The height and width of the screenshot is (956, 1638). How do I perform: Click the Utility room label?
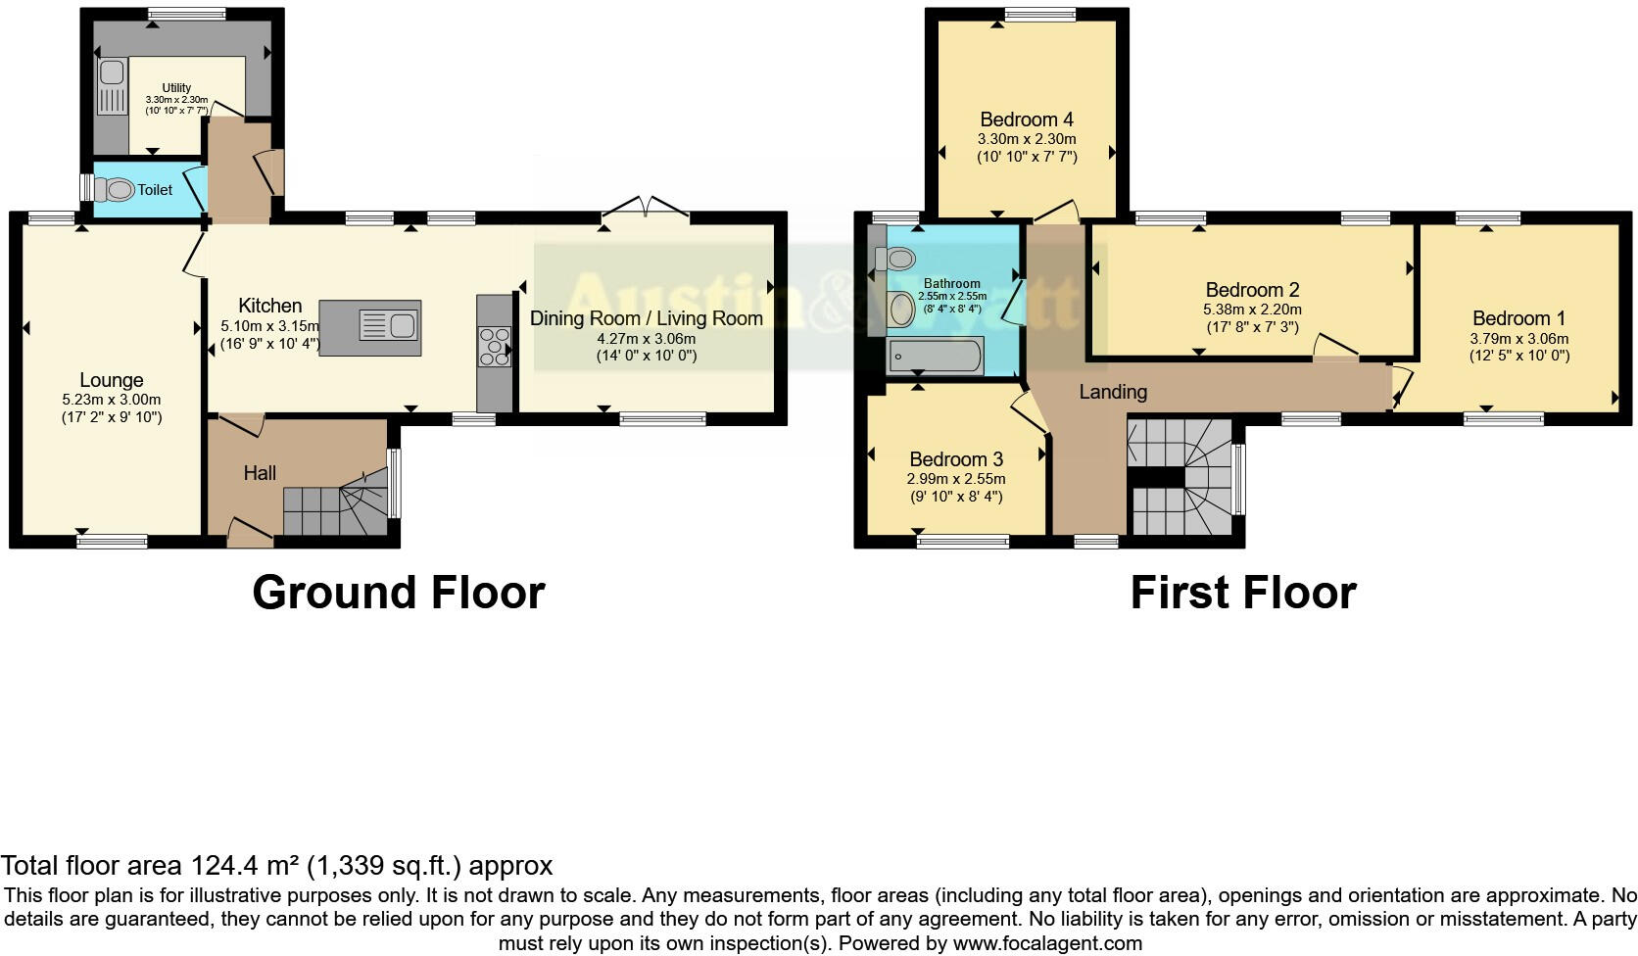pos(177,87)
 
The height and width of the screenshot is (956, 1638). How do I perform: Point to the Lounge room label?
pos(112,380)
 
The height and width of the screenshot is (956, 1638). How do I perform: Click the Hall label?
pos(260,473)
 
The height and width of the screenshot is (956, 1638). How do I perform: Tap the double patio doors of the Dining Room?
pos(646,207)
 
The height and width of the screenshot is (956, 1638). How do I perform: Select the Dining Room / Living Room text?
pos(646,318)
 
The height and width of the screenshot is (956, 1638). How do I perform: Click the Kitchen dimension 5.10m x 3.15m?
pos(269,326)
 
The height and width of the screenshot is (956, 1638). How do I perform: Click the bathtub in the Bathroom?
pos(935,357)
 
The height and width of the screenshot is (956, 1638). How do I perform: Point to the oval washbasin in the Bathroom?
pos(900,310)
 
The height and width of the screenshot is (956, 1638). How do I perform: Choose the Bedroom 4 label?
pos(1027,119)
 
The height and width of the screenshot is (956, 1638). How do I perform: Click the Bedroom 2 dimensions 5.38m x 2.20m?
pos(1252,310)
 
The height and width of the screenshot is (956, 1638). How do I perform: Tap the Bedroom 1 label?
pos(1518,318)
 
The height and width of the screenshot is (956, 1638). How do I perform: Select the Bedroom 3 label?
pos(955,459)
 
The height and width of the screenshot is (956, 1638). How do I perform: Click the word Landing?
pos(1113,392)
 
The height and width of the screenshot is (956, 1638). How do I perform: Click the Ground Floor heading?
pos(398,594)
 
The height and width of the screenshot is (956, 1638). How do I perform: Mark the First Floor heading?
pos(1242,594)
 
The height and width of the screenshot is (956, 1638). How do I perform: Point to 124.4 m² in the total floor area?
pos(244,866)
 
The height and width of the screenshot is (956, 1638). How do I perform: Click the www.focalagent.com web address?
pos(1046,944)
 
